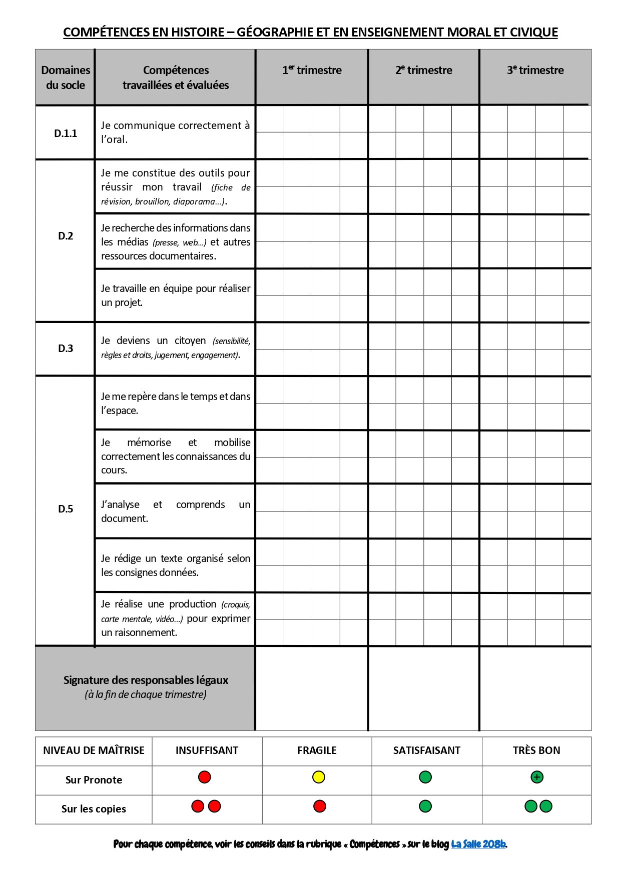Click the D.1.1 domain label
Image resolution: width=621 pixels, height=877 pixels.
66,133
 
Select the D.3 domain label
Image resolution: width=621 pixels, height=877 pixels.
66,348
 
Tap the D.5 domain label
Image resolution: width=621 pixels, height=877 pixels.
66,509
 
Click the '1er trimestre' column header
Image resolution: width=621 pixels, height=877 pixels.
312,70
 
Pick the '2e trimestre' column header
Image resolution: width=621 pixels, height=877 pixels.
423,70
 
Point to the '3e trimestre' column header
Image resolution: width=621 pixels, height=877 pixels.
535,70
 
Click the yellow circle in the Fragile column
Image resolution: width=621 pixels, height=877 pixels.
319,777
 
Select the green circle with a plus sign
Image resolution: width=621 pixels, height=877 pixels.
537,777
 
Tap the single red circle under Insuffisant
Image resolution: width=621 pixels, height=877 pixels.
205,777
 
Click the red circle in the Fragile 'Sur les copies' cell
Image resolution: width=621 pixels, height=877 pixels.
320,806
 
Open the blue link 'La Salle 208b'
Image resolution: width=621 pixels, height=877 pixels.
478,844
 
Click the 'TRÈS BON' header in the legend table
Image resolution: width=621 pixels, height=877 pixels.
536,750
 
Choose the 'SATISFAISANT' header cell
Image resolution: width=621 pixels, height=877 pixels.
426,750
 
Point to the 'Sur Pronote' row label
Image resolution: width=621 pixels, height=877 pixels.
94,780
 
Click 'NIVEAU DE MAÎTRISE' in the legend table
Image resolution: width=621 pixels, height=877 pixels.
94,750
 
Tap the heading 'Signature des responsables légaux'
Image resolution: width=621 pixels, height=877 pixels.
146,680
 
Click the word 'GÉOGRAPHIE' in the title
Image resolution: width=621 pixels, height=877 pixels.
276,32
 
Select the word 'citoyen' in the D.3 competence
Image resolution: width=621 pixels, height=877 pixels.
190,341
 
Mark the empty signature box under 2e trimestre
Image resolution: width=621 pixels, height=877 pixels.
423,688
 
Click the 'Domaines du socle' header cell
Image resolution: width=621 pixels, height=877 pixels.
66,77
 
